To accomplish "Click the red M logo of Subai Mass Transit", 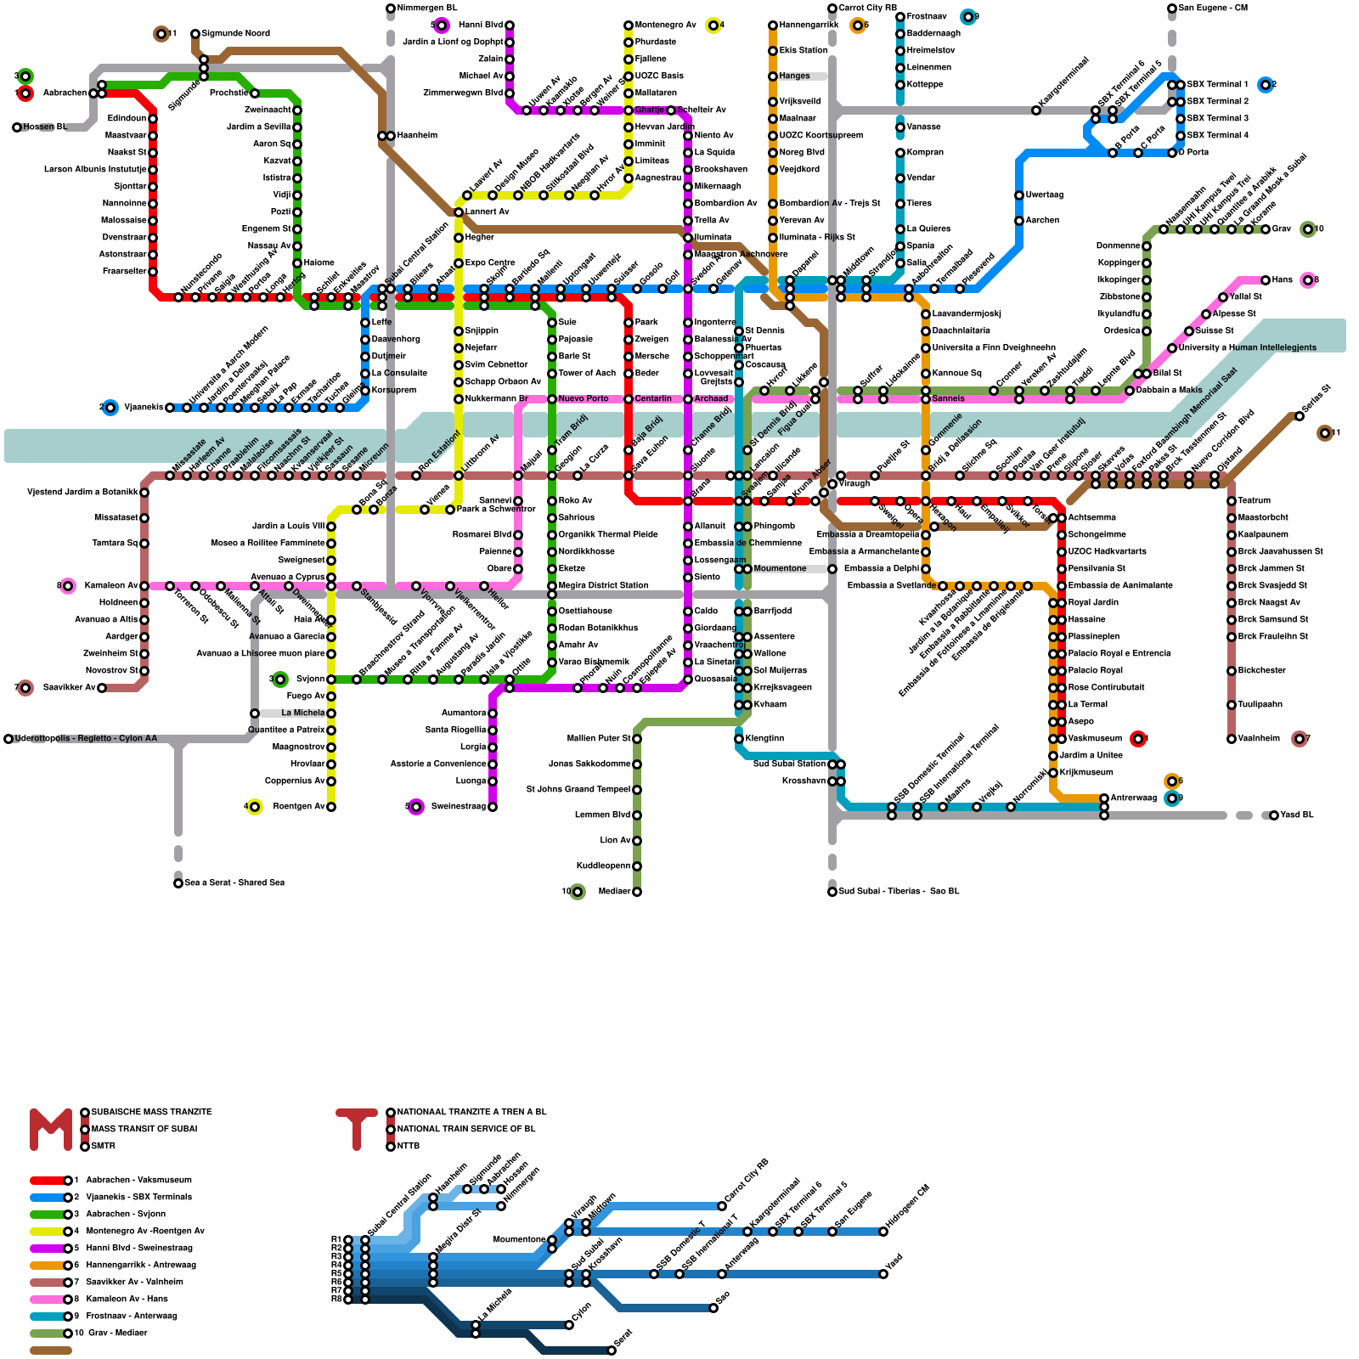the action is [x=51, y=1129].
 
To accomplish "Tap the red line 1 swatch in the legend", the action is [x=48, y=1180].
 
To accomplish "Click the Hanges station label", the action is [x=794, y=76].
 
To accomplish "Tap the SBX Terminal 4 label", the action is [x=1217, y=136].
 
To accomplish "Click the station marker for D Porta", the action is [x=1172, y=153].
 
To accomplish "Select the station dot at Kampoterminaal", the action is [x=1036, y=110].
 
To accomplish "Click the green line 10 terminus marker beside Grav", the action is [x=1308, y=229].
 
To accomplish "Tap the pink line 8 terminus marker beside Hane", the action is [x=1308, y=280].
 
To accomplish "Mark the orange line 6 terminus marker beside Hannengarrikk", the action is [x=858, y=25].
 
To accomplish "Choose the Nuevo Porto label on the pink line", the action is [x=583, y=399].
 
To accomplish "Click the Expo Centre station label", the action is [x=489, y=263].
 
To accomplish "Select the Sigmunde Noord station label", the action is [x=235, y=34].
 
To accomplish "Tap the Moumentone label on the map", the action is [x=780, y=569].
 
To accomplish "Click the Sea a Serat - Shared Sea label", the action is [x=234, y=883].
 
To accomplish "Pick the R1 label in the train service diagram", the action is [x=336, y=1240].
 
